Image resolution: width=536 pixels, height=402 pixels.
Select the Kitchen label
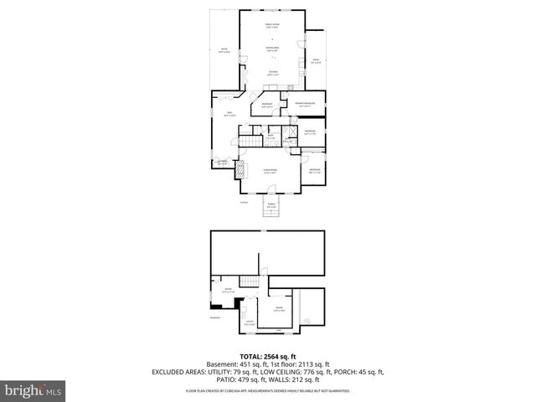[x=273, y=73]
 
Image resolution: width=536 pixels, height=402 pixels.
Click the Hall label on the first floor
[x=228, y=115]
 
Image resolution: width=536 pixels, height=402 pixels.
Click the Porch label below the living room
[x=271, y=205]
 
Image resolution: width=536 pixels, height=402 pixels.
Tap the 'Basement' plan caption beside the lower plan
[x=215, y=317]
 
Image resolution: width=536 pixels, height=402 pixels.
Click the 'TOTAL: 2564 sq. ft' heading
[x=267, y=355]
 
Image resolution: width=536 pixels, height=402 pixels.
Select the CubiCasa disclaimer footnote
[x=267, y=390]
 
